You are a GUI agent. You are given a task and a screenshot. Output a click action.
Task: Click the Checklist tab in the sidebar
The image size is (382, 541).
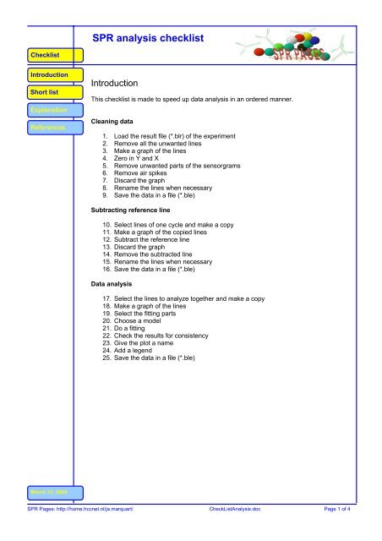(x=44, y=55)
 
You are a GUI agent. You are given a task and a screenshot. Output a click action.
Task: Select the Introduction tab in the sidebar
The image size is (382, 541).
(x=44, y=75)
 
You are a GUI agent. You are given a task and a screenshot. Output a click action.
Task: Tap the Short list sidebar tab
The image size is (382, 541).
(x=44, y=92)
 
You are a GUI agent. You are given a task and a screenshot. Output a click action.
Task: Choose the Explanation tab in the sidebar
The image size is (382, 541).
(x=44, y=110)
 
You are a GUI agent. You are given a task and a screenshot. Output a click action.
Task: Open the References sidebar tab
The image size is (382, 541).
(x=44, y=128)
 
